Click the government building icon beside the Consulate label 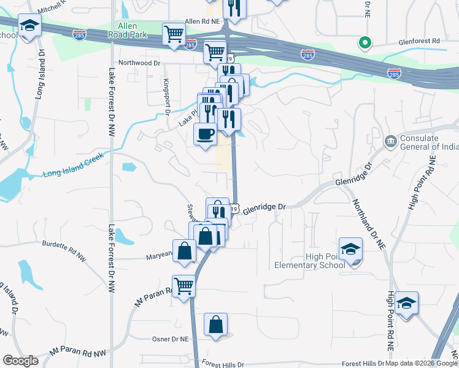[390, 142]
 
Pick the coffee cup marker [205, 133]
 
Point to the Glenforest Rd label [419, 41]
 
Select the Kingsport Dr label [166, 97]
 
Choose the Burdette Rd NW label [66, 244]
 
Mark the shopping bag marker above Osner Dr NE [216, 326]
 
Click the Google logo [20, 361]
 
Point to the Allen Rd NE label [202, 21]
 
